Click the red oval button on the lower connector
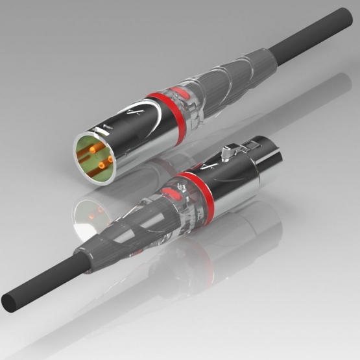click(x=174, y=194)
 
